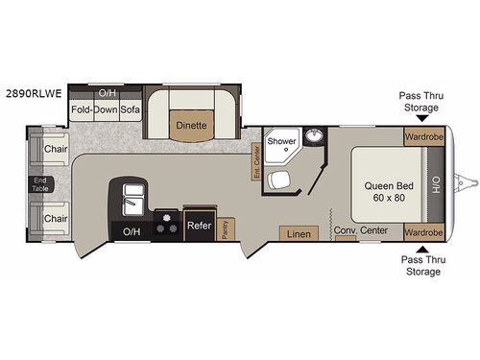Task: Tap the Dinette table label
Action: [x=191, y=124]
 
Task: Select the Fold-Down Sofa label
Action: [x=106, y=109]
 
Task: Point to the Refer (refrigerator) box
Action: [x=199, y=227]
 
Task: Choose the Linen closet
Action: [x=299, y=233]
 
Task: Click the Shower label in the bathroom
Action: [x=281, y=141]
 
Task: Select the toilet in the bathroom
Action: [x=279, y=180]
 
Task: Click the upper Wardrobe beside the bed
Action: [x=422, y=136]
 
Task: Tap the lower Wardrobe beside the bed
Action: [x=422, y=232]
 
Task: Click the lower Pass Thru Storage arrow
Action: [x=423, y=248]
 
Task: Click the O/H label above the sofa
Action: [x=107, y=94]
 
